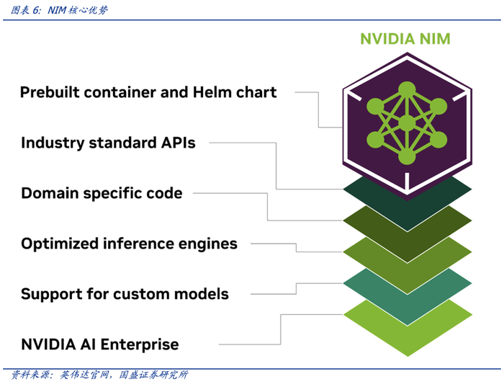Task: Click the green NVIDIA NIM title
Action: pyautogui.click(x=405, y=38)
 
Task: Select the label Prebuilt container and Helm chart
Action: pyautogui.click(x=148, y=92)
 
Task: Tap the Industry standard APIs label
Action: pyautogui.click(x=108, y=143)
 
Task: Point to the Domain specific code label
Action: pyautogui.click(x=102, y=193)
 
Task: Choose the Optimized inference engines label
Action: pyautogui.click(x=129, y=244)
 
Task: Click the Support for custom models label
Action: pyautogui.click(x=125, y=294)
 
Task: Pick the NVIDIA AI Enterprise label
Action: pyautogui.click(x=99, y=344)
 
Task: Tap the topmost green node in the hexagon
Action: pyautogui.click(x=407, y=89)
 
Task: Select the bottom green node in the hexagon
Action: pyautogui.click(x=407, y=156)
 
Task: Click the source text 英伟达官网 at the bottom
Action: pyautogui.click(x=84, y=375)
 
